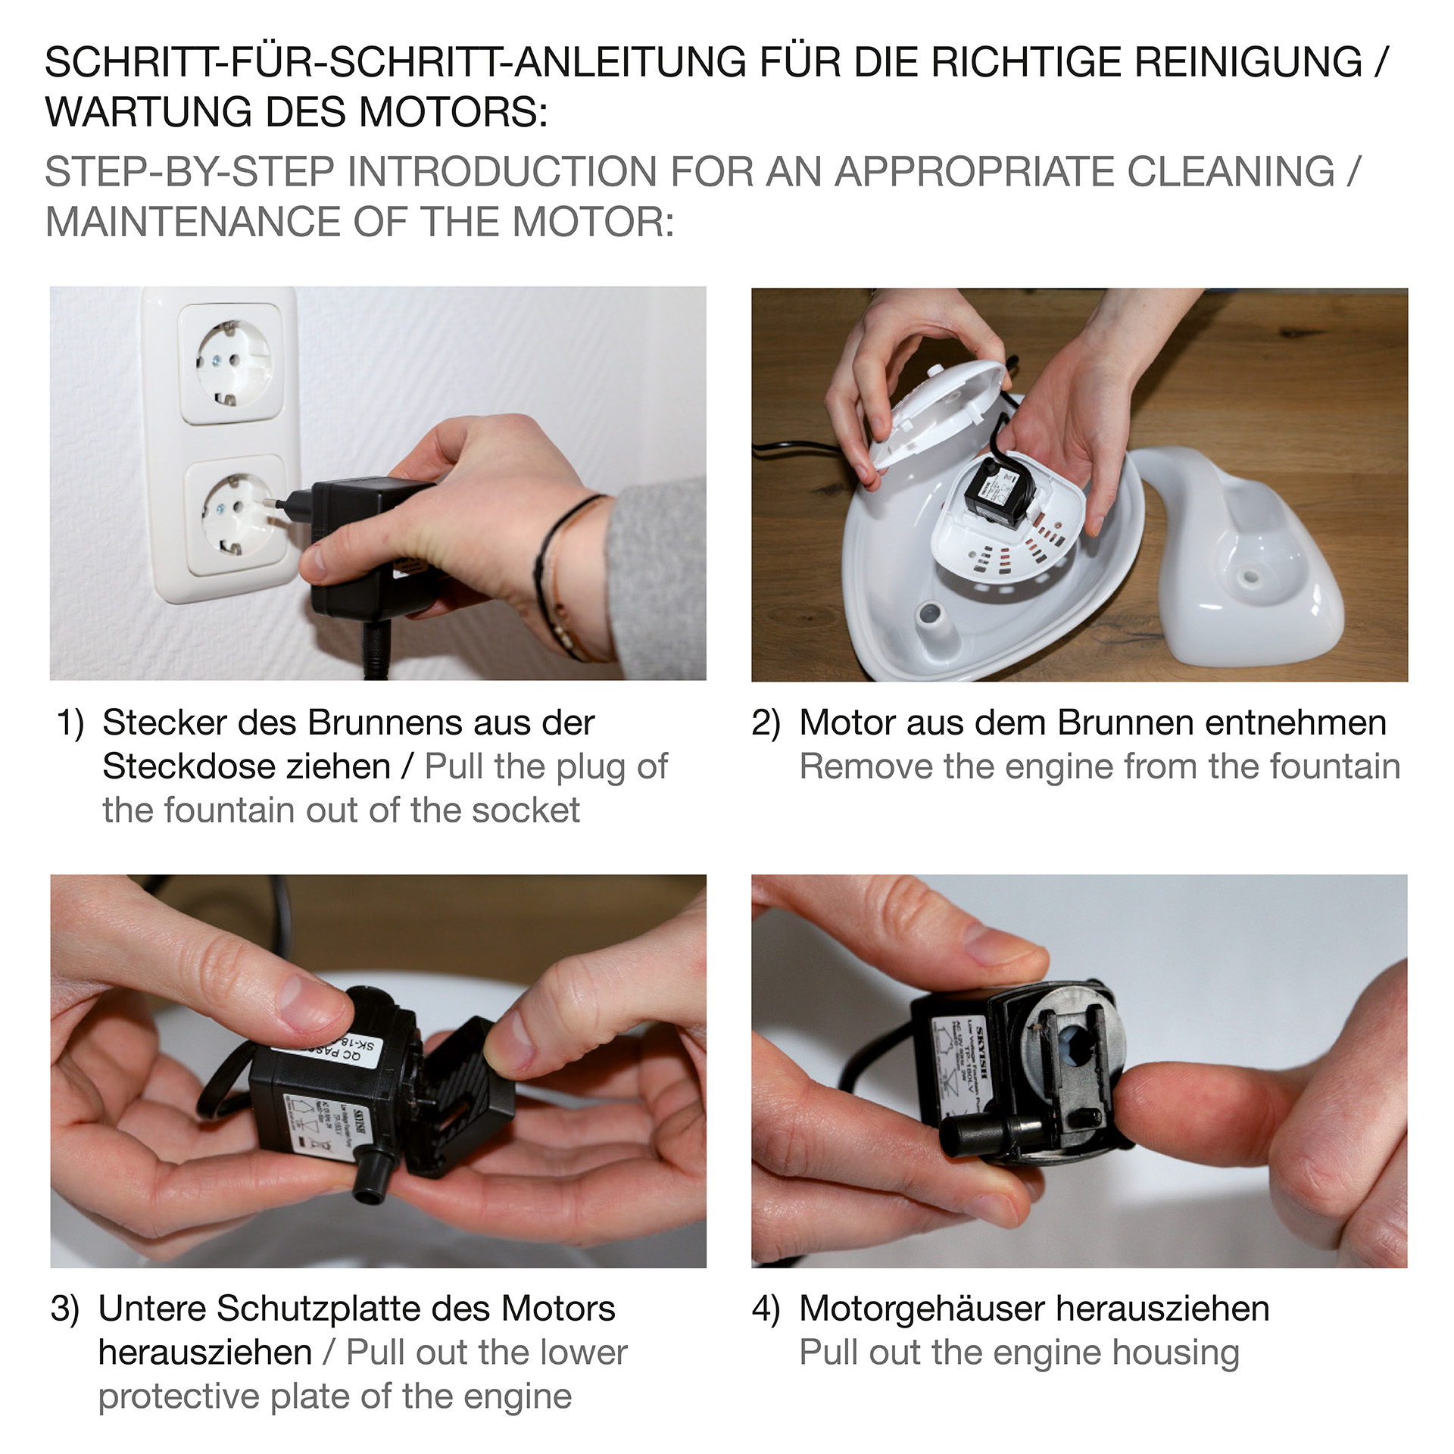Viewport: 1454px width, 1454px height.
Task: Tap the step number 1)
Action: click(x=70, y=723)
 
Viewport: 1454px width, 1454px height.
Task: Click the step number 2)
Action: click(x=766, y=723)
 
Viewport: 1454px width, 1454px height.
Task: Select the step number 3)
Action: click(x=65, y=1309)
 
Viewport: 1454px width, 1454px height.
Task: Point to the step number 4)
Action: click(x=766, y=1309)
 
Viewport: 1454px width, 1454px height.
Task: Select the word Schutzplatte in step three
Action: click(x=354, y=1309)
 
